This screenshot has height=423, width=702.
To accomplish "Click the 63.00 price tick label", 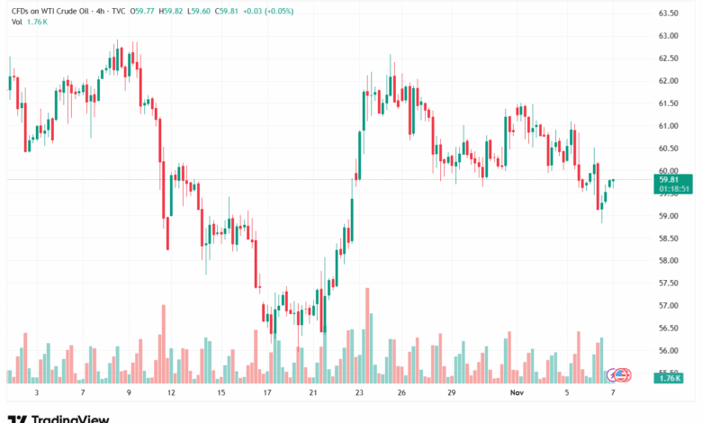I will click(x=668, y=36).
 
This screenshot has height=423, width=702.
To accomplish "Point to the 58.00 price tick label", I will click(x=668, y=261).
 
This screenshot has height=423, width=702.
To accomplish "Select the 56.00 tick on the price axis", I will click(x=668, y=351).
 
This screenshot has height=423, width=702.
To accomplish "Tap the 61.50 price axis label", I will click(x=668, y=103).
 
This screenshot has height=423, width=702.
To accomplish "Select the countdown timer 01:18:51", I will click(x=673, y=189).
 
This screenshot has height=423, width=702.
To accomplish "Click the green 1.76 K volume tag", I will click(x=668, y=379).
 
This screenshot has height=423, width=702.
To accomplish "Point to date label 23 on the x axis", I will click(x=359, y=393).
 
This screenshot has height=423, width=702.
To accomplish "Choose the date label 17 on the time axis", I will click(x=267, y=393).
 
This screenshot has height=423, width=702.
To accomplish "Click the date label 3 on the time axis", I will click(x=36, y=393).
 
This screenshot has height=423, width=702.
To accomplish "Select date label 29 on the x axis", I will click(x=452, y=393).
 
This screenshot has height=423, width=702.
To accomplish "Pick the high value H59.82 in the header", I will click(x=171, y=12).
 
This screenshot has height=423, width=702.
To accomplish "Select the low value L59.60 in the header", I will click(x=202, y=12).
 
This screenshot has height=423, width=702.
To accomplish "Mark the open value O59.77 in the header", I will click(x=141, y=12).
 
